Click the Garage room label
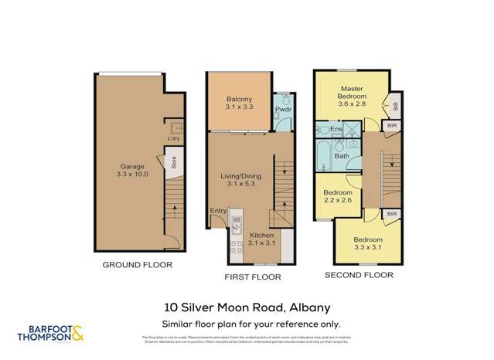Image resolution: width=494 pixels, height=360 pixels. click(131, 165)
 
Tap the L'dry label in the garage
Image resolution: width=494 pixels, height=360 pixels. click(174, 138)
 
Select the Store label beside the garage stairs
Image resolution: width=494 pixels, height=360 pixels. click(174, 162)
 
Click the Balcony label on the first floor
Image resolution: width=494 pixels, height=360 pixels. click(239, 100)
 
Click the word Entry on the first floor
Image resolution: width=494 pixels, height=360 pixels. click(219, 209)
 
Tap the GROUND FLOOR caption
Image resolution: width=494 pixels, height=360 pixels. click(138, 265)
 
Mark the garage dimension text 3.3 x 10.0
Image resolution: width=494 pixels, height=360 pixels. click(131, 175)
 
